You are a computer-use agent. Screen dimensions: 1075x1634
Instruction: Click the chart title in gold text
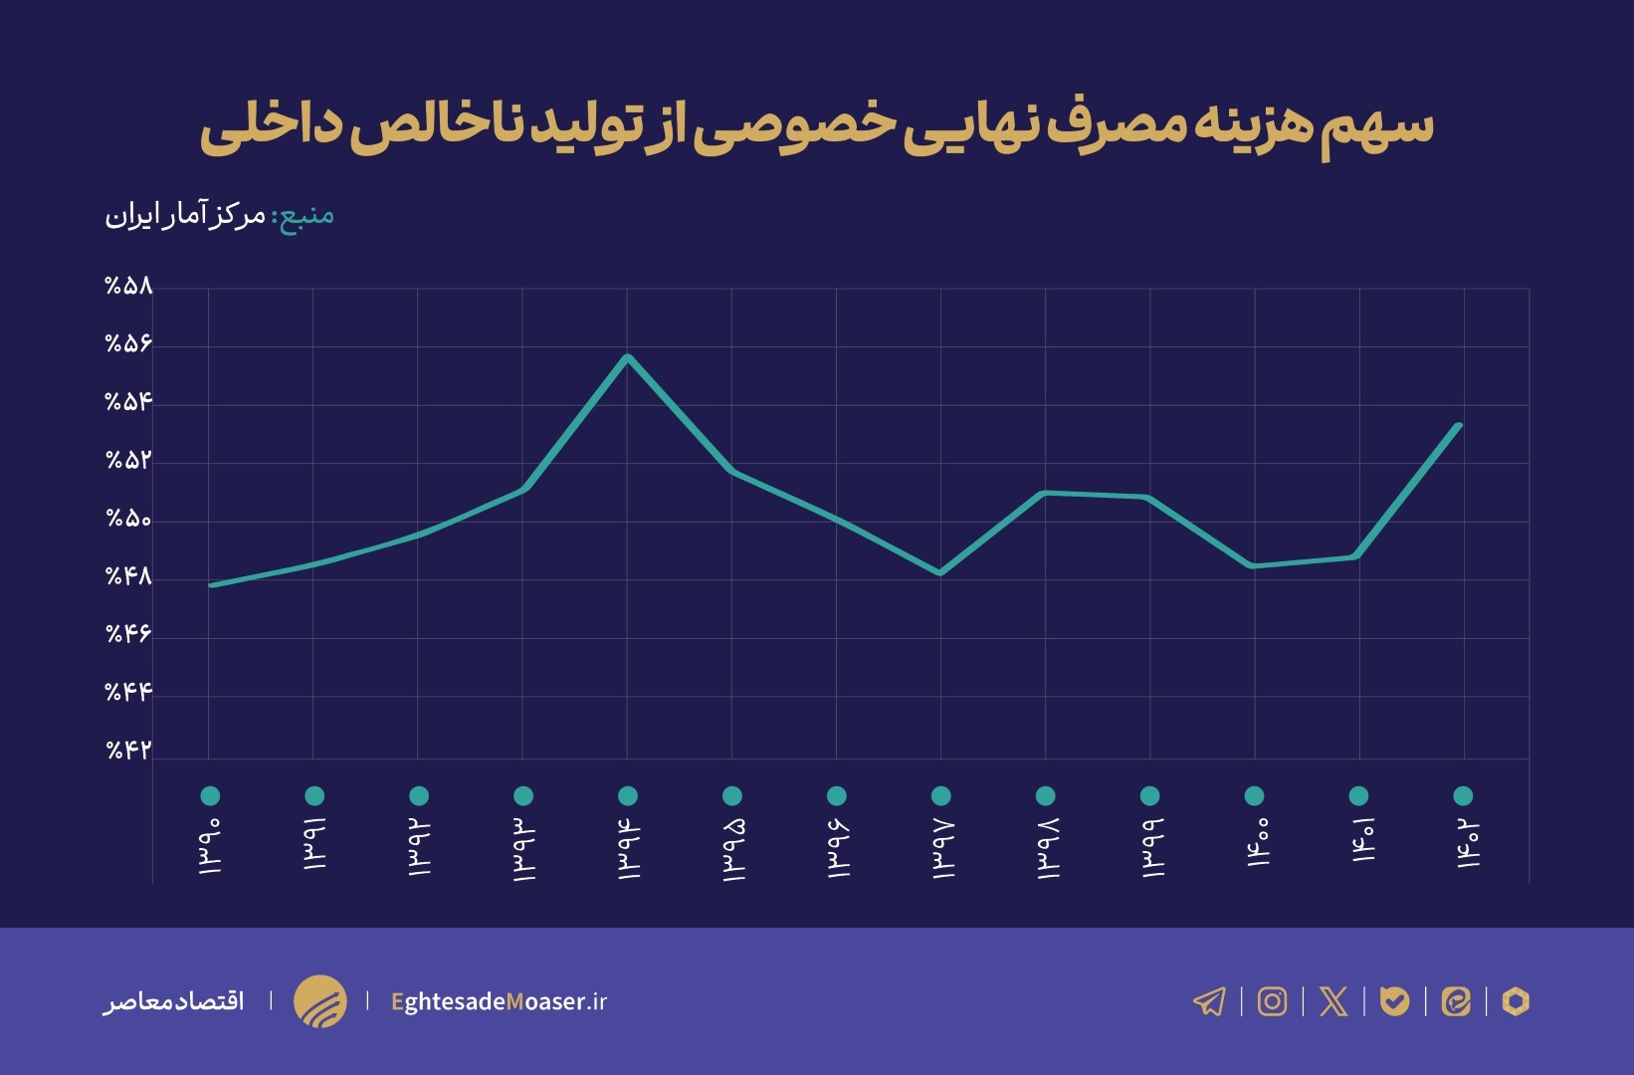tap(816, 129)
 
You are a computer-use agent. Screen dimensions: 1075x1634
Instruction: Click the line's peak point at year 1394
tap(628, 356)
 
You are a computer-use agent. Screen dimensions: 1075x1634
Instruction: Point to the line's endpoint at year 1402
tap(1459, 426)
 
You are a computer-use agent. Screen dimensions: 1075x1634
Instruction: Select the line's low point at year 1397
tap(940, 573)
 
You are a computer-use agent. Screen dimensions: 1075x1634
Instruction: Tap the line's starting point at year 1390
tap(211, 585)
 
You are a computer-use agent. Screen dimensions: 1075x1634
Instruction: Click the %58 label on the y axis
tap(129, 287)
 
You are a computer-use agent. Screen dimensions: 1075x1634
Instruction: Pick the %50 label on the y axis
tap(129, 519)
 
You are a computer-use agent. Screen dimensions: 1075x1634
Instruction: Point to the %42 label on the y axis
tap(129, 750)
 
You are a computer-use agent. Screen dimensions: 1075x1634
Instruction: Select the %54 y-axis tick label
tap(129, 402)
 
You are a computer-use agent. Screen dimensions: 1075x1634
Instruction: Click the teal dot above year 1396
tap(837, 795)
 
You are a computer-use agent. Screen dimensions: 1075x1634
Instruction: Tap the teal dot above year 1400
tap(1254, 795)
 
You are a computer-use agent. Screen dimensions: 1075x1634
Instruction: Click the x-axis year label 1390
tap(210, 846)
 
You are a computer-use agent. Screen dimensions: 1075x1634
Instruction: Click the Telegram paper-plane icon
tap(1209, 1001)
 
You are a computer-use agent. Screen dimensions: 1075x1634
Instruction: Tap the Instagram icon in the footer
tap(1272, 1001)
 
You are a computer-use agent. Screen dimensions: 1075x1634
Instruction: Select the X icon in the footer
tap(1333, 1001)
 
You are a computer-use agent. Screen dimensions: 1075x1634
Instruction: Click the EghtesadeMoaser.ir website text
tap(500, 1001)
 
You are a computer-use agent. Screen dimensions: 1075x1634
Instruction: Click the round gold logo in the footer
tap(320, 1001)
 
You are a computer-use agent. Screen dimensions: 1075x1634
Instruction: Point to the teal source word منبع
tap(306, 215)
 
